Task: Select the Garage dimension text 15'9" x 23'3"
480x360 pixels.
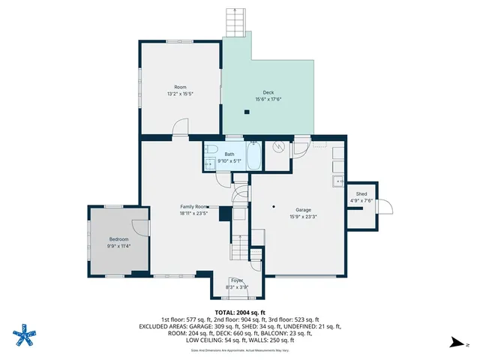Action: coord(303,217)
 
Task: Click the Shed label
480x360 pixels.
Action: coord(361,194)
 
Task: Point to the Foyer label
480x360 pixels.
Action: coord(237,280)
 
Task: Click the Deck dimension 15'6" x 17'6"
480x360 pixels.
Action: coord(268,99)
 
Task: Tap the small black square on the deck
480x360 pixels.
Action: coord(246,112)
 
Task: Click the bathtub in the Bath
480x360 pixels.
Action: coord(253,157)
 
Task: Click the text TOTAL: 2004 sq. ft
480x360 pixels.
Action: coord(240,313)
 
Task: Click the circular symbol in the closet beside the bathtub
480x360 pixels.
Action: coord(278,148)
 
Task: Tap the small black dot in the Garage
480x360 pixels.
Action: coord(274,205)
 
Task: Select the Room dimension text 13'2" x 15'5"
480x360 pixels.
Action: coord(180,94)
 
